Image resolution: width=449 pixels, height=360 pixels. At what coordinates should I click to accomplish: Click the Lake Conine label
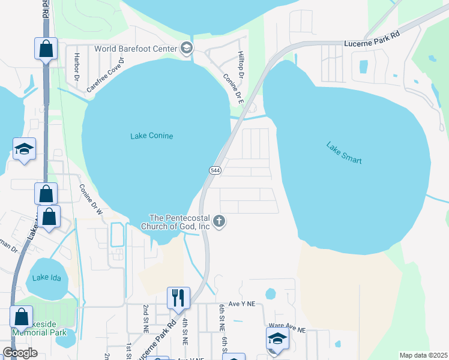pos(151,136)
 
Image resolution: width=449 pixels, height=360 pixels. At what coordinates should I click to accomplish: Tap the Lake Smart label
pos(344,152)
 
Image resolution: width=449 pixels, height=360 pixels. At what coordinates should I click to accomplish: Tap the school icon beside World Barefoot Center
pos(187,48)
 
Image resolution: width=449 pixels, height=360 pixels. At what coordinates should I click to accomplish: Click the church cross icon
pos(219,222)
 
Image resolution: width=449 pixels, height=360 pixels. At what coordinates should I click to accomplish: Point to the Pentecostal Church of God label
pos(179,222)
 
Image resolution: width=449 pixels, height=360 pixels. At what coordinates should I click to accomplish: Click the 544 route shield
pos(215,170)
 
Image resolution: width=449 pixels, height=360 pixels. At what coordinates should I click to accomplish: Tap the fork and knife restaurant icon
pos(178,296)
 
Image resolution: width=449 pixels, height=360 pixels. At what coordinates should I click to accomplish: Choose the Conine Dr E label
pos(233,89)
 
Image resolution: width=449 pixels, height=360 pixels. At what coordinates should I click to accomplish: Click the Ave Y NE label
pos(241,304)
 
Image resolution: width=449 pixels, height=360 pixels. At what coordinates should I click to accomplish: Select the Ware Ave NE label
pos(288,329)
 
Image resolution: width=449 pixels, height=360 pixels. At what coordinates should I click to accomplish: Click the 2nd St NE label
pos(146,318)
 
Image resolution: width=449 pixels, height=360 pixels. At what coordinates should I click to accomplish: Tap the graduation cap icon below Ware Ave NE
pos(276,338)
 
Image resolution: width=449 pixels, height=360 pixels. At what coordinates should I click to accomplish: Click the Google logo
pos(20,353)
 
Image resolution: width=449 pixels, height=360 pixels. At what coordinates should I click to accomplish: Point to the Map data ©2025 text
pos(423,355)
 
